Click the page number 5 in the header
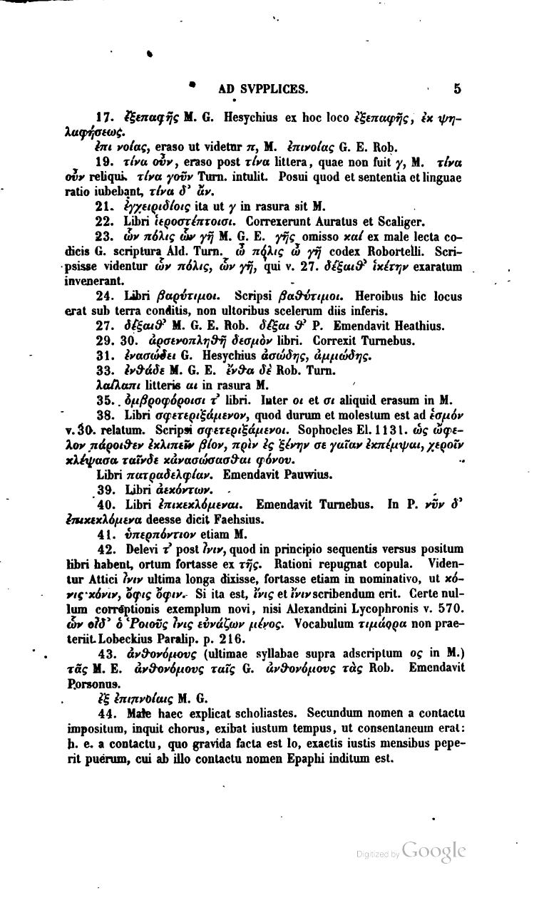[457, 89]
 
